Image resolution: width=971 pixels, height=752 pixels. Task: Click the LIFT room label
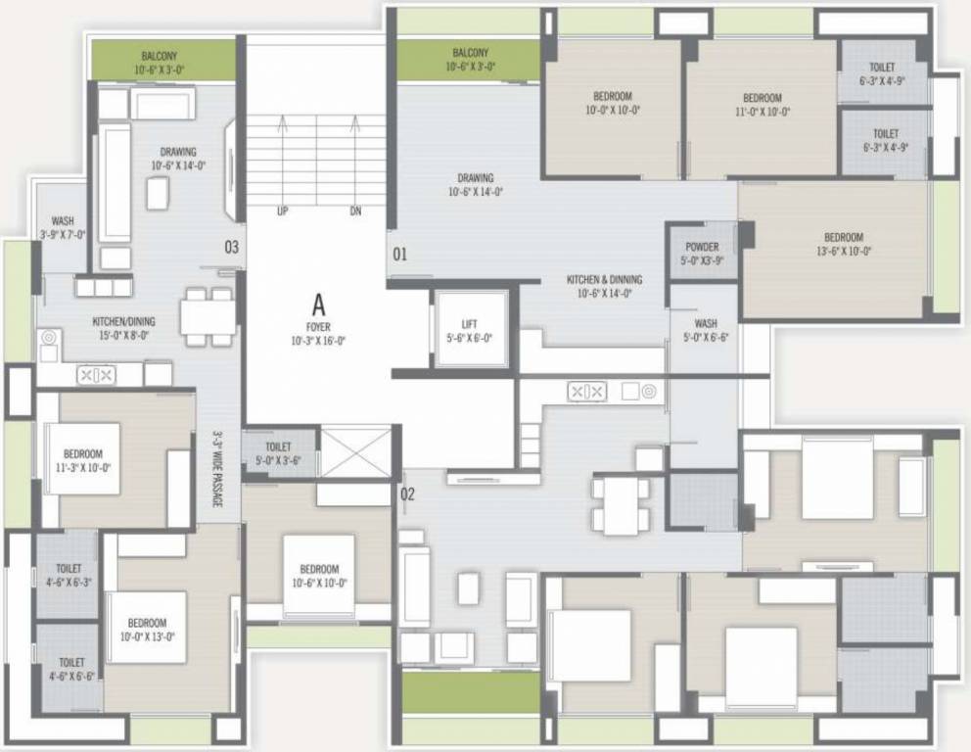point(470,330)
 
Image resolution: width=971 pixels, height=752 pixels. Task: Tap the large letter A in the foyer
point(317,302)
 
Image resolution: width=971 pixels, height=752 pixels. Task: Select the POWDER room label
point(702,254)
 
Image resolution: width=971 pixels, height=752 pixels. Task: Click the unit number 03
point(231,247)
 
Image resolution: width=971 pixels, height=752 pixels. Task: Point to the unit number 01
point(399,255)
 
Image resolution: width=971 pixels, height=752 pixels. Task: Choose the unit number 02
point(407,494)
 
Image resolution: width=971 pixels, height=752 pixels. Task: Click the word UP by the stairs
point(283,211)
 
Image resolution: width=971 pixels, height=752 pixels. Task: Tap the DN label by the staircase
point(356,211)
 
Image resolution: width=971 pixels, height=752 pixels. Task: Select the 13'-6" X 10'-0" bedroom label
point(843,244)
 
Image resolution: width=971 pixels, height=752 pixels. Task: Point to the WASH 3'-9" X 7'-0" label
point(63,227)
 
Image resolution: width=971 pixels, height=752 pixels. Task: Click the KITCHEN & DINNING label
point(604,285)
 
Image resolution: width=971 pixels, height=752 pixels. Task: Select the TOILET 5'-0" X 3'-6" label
point(277,452)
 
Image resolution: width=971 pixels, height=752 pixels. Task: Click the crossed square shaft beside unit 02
point(355,452)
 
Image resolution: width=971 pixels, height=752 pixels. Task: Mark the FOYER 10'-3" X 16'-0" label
point(318,333)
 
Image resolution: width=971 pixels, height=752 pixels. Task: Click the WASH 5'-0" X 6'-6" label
point(705,329)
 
